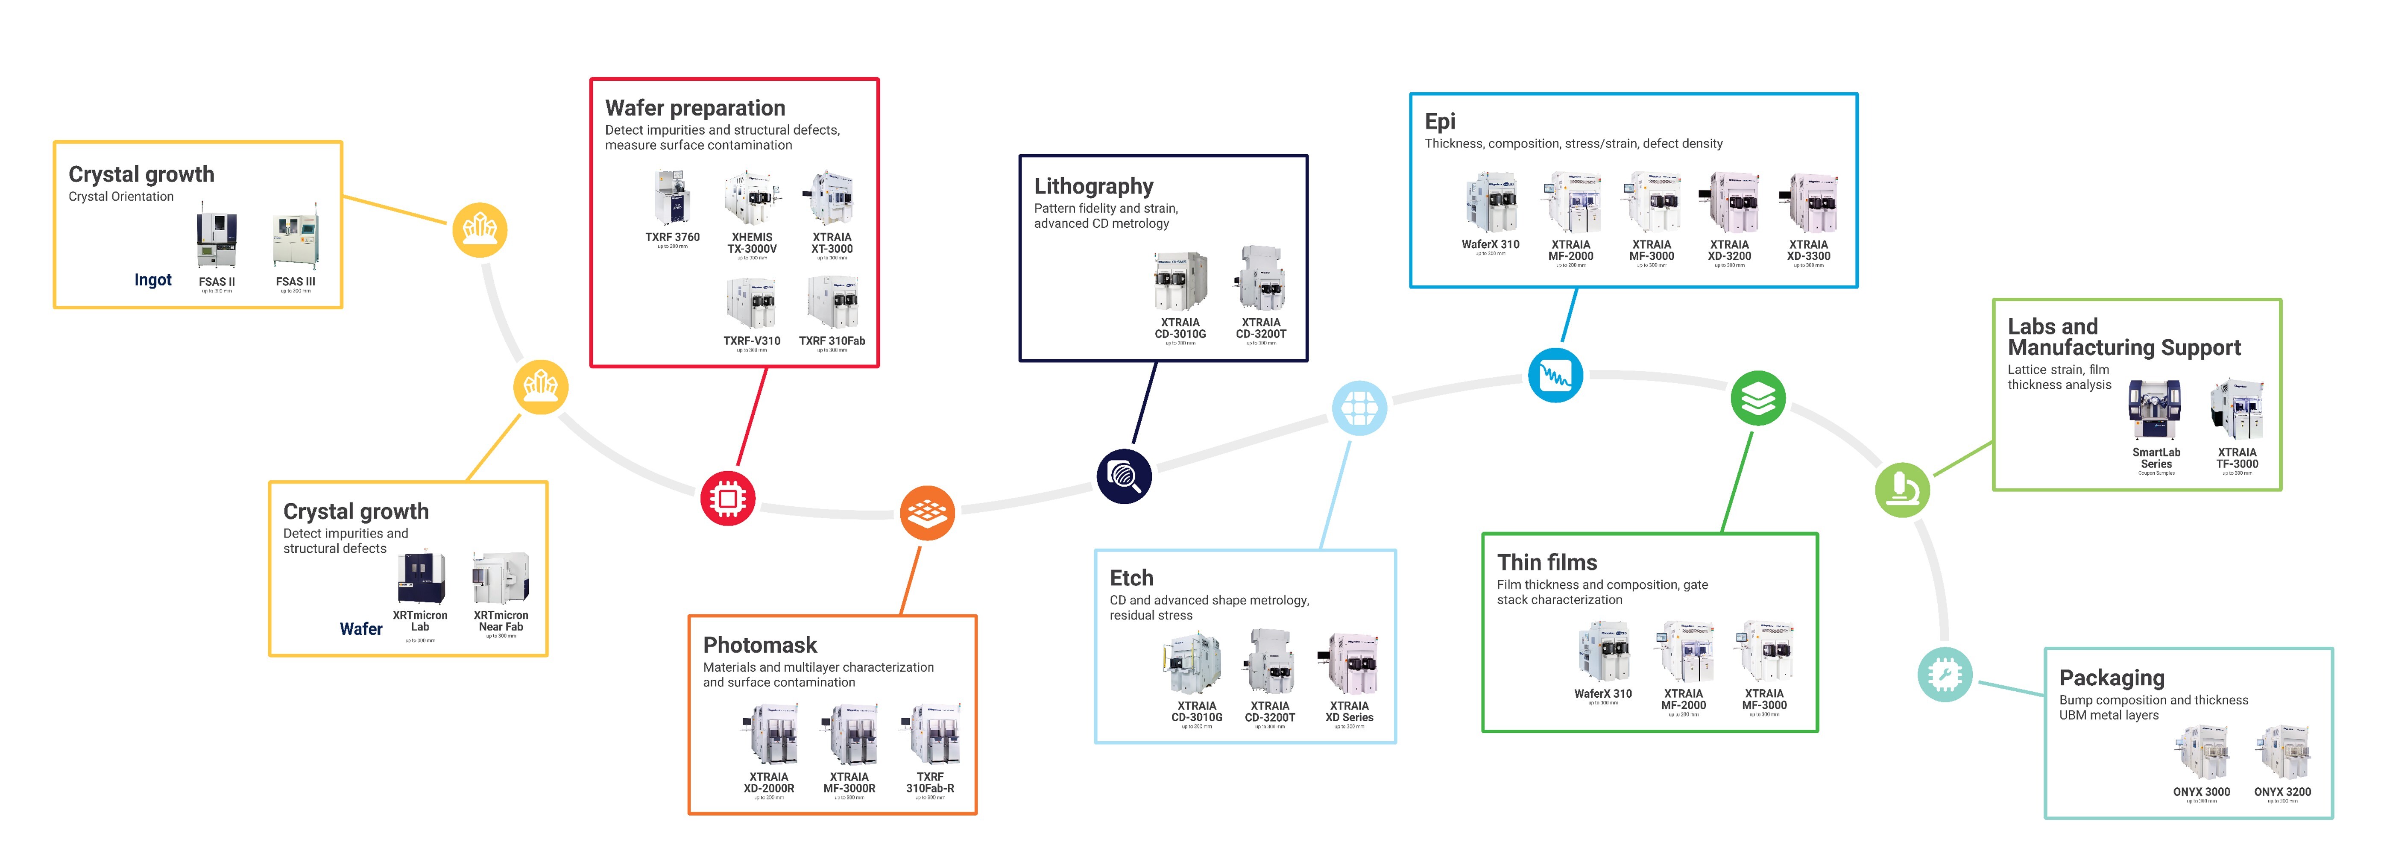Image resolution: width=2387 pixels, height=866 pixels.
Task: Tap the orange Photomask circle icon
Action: [927, 513]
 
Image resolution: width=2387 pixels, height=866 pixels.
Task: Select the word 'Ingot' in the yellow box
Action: [153, 280]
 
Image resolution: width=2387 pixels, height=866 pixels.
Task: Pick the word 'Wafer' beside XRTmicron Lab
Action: [360, 628]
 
